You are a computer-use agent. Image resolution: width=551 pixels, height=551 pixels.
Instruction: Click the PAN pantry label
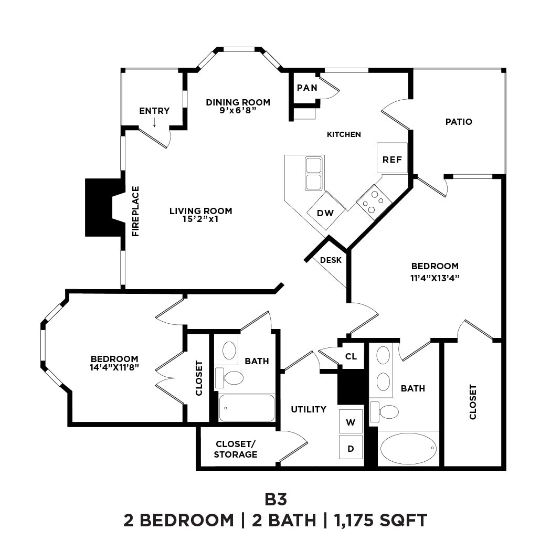click(x=307, y=88)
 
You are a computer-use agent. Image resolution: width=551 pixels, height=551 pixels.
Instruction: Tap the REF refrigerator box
click(x=392, y=158)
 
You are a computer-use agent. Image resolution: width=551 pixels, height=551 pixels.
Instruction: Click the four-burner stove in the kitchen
click(x=374, y=202)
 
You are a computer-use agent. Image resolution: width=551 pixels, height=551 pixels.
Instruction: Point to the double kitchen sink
click(x=314, y=174)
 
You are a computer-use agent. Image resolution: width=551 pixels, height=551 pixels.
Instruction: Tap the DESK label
click(x=331, y=260)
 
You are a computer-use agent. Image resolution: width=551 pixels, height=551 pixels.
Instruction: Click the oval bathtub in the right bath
click(x=408, y=449)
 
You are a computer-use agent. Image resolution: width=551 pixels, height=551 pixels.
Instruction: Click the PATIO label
click(x=459, y=122)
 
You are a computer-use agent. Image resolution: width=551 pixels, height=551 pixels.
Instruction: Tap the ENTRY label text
click(x=154, y=111)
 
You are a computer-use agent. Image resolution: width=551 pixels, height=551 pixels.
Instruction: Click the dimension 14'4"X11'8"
click(x=114, y=367)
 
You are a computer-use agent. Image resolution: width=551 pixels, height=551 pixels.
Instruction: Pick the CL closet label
click(x=351, y=356)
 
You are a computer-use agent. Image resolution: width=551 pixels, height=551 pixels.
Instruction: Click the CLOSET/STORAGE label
click(x=235, y=449)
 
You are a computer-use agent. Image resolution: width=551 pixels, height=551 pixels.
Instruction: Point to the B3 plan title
click(x=275, y=497)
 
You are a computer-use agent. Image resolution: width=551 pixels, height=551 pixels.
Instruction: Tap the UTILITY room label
click(x=309, y=409)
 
